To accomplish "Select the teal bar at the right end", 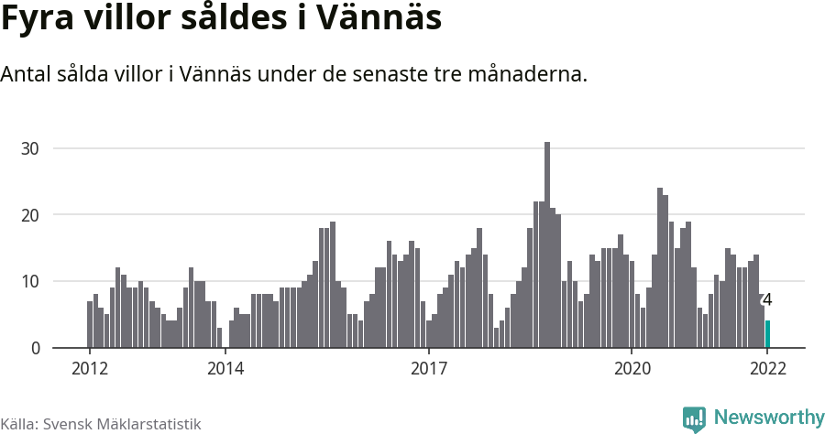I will pyautogui.click(x=768, y=334).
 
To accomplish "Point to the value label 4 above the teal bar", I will pyautogui.click(x=767, y=299).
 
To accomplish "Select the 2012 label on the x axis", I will pyautogui.click(x=89, y=368).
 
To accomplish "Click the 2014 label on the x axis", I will pyautogui.click(x=225, y=368).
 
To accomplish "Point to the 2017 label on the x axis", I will pyautogui.click(x=428, y=368).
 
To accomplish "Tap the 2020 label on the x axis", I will pyautogui.click(x=632, y=368).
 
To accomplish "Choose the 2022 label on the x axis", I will pyautogui.click(x=767, y=368).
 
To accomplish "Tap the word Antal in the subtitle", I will pyautogui.click(x=28, y=74).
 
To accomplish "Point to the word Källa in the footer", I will pyautogui.click(x=19, y=424).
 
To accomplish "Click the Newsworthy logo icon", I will pyautogui.click(x=694, y=418).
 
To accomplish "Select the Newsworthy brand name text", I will pyautogui.click(x=768, y=418).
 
